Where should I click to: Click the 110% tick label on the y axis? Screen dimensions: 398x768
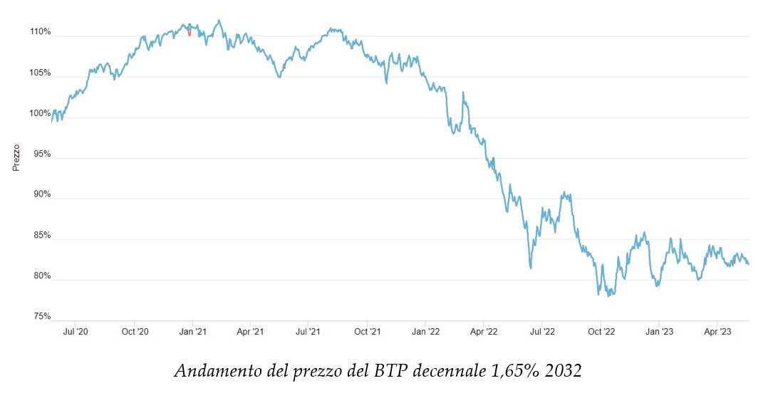(x=41, y=32)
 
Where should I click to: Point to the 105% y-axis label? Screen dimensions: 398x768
(x=41, y=73)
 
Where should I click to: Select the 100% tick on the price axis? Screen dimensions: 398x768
(x=41, y=113)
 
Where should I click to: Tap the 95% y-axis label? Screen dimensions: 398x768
(x=42, y=154)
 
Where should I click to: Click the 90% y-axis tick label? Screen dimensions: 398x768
(x=42, y=194)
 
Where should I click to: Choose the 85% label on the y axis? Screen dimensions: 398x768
(x=42, y=235)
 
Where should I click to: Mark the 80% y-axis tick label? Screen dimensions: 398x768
(x=42, y=276)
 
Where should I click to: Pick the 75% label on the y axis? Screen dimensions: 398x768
(x=42, y=316)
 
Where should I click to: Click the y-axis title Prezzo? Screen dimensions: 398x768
(x=16, y=158)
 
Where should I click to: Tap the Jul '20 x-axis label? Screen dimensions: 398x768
(x=76, y=332)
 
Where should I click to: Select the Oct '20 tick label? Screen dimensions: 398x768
(x=135, y=332)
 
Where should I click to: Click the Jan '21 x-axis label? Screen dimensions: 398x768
(x=192, y=332)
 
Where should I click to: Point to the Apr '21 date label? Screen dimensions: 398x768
(x=250, y=332)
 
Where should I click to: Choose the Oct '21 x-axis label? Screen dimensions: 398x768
(x=367, y=332)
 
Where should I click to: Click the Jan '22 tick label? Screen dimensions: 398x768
(x=425, y=332)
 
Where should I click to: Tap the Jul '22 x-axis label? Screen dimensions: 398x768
(x=543, y=332)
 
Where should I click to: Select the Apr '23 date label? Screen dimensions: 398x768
(x=717, y=332)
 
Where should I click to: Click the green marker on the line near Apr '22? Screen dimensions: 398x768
(x=492, y=162)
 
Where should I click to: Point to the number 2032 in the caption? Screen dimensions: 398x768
(x=561, y=372)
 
